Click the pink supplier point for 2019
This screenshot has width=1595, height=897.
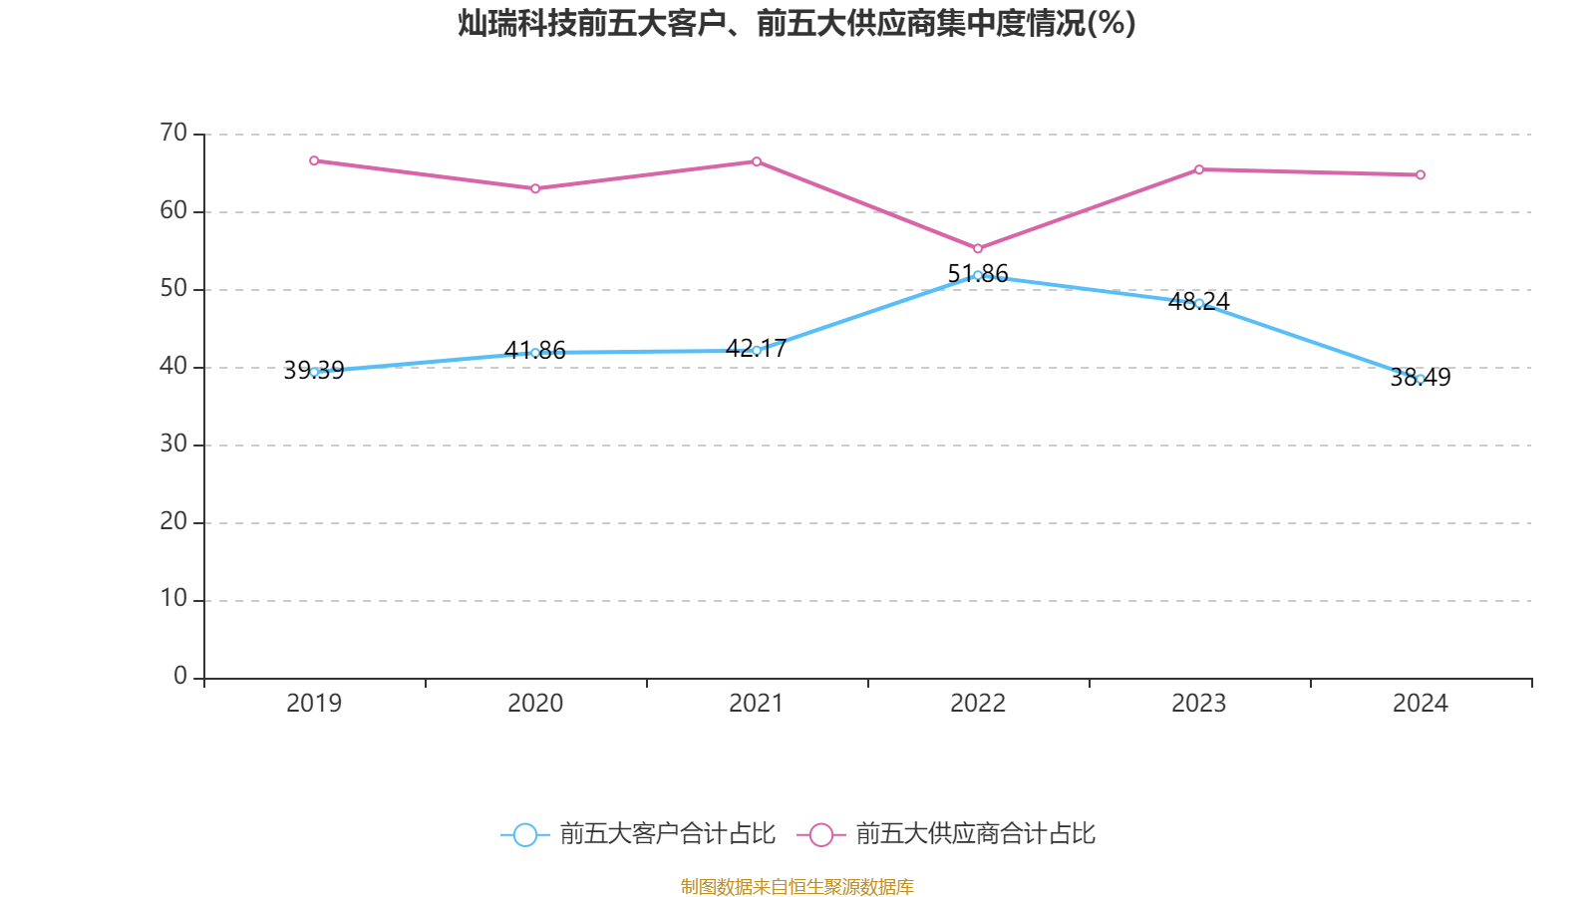coord(314,160)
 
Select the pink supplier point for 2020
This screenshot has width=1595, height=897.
coord(535,188)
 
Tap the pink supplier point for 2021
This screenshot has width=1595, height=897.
coord(757,161)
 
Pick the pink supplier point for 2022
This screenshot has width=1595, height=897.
coord(978,249)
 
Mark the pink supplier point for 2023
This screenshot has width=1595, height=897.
coord(1199,169)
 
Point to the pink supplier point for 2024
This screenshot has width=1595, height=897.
coord(1421,175)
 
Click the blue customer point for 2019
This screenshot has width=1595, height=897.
coord(314,372)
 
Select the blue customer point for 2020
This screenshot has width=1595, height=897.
coord(535,353)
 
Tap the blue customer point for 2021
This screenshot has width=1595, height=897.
coord(757,351)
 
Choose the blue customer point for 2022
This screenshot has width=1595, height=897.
coord(978,275)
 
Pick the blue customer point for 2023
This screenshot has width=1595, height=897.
coord(1199,303)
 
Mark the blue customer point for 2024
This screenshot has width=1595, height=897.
coord(1421,379)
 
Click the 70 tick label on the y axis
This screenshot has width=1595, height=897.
coord(173,133)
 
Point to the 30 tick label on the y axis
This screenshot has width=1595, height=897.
coord(173,444)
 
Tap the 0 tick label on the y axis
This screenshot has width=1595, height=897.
coord(180,677)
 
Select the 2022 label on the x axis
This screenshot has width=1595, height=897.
coord(978,704)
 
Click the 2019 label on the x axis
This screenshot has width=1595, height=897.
coord(314,704)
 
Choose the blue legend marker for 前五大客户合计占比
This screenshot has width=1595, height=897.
coord(524,835)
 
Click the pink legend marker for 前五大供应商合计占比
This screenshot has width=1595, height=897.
coord(821,835)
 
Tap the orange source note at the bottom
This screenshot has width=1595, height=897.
coord(797,886)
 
